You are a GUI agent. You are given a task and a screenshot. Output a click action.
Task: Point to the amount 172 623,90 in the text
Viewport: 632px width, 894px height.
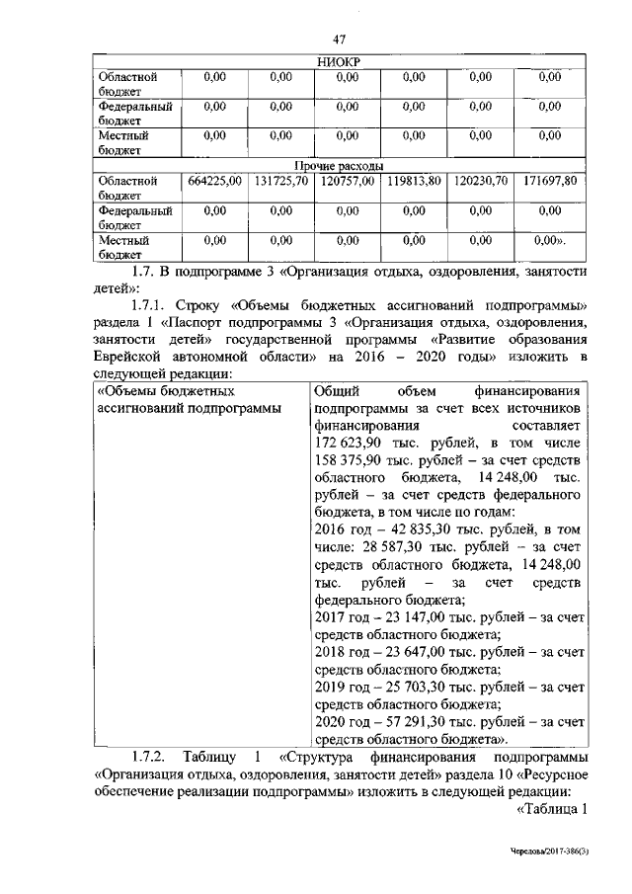[352, 441]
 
